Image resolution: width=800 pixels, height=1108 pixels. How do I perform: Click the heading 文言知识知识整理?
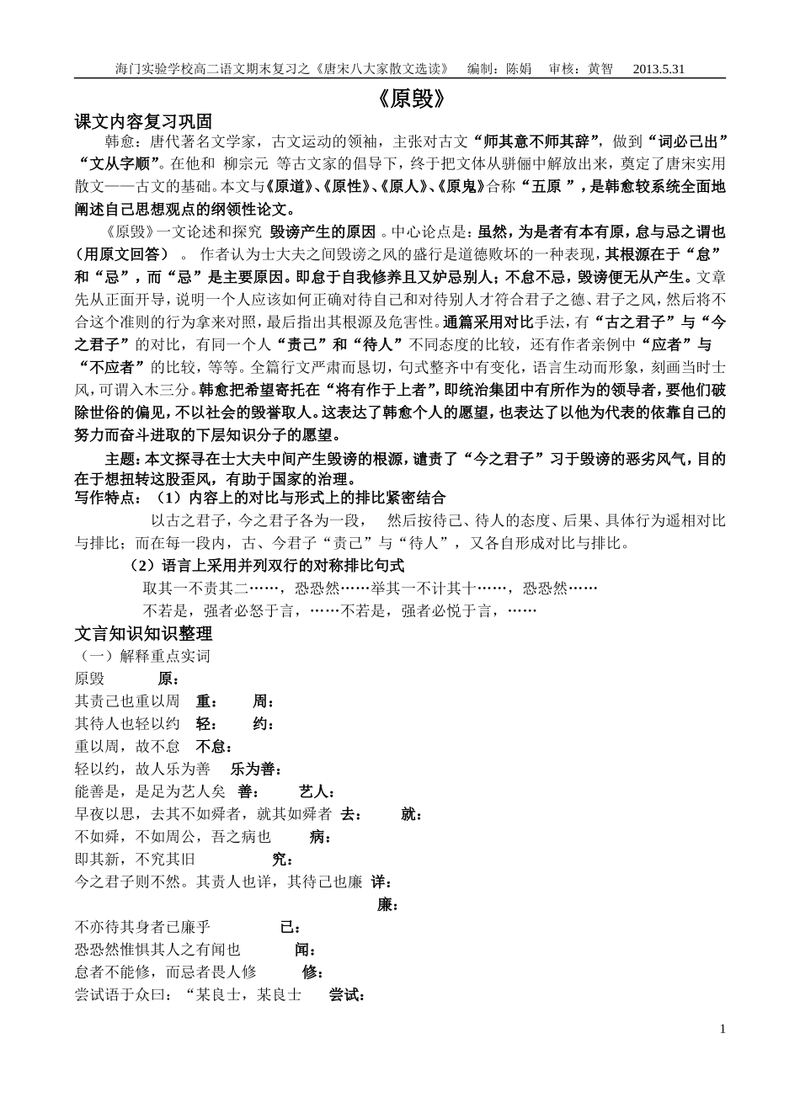pyautogui.click(x=144, y=634)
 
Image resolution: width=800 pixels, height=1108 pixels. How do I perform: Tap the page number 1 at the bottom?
pyautogui.click(x=724, y=1029)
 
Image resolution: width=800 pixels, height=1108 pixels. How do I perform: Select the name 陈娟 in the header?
pyautogui.click(x=518, y=70)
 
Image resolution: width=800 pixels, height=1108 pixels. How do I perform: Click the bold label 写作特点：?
pyautogui.click(x=109, y=498)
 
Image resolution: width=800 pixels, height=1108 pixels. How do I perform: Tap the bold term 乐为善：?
pyautogui.click(x=257, y=769)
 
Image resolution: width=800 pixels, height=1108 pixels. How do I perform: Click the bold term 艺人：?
pyautogui.click(x=317, y=791)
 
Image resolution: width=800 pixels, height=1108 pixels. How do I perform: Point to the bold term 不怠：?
pyautogui.click(x=215, y=747)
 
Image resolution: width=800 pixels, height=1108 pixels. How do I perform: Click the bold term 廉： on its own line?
pyautogui.click(x=387, y=905)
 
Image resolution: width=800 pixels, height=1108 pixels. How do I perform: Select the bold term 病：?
pyautogui.click(x=320, y=837)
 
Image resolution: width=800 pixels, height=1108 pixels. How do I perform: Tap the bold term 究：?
pyautogui.click(x=282, y=860)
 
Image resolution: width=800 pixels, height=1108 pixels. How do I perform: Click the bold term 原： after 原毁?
pyautogui.click(x=168, y=679)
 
